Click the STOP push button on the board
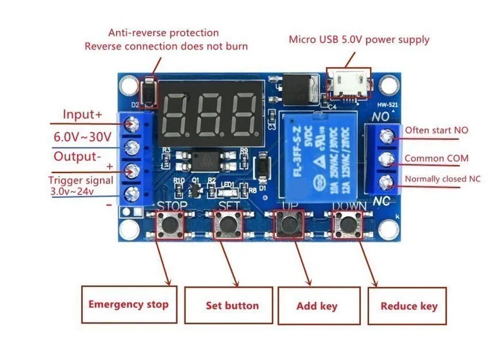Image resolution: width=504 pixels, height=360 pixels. [170, 224]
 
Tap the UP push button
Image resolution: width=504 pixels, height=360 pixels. [288, 224]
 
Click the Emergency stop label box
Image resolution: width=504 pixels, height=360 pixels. [128, 304]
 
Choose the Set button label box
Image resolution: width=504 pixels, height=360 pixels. [232, 305]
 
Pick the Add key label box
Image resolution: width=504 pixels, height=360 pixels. [317, 305]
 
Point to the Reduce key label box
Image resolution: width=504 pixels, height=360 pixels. [409, 305]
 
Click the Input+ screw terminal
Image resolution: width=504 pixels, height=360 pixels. [132, 124]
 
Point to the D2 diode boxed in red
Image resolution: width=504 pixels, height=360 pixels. [149, 92]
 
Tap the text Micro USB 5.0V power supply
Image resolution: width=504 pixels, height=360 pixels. [359, 40]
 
